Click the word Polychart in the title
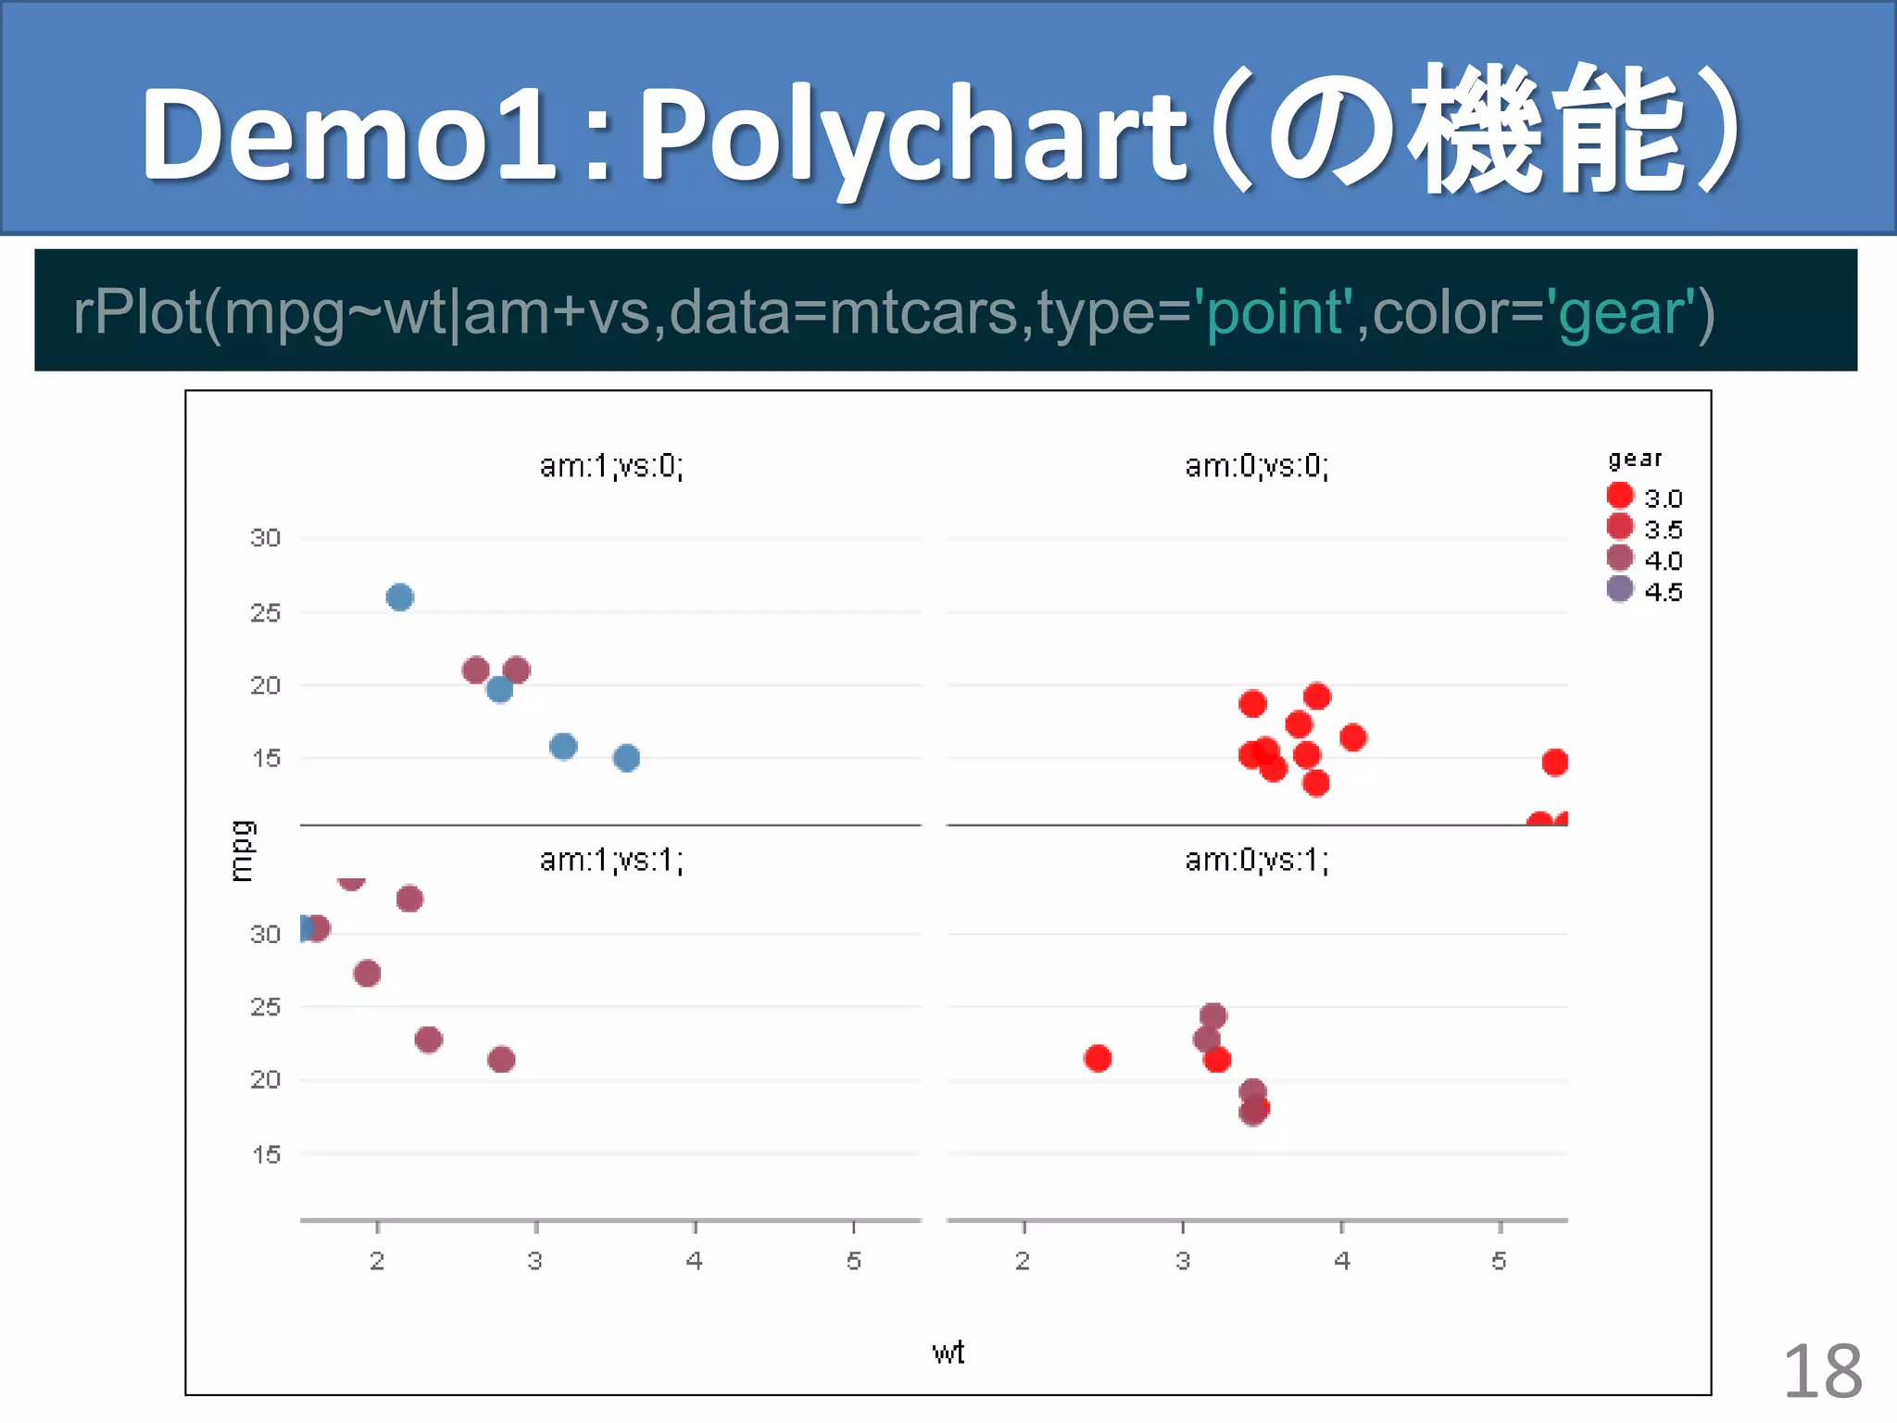pos(912,134)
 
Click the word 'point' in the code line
pos(1275,312)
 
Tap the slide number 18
pos(1821,1371)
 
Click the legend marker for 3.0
pos(1619,496)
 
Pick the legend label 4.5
pos(1663,592)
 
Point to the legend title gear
pos(1635,459)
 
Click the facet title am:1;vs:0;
pos(611,466)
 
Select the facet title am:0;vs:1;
pos(1257,861)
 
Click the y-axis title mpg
pos(241,850)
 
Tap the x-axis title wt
pos(948,1353)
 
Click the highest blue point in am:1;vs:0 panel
pos(399,598)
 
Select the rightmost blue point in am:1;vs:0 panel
pos(626,758)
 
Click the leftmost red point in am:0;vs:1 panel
pos(1098,1058)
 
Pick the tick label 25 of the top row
pos(265,612)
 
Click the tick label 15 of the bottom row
pos(265,1154)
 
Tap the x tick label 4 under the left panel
pos(694,1261)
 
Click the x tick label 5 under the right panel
pos(1499,1261)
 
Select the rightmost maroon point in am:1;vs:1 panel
pos(501,1059)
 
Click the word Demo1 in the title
pos(347,134)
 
